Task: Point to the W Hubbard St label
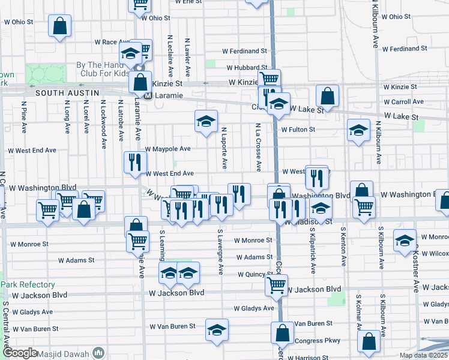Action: click(x=247, y=68)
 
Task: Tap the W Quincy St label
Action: click(x=254, y=274)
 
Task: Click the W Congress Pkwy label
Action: click(x=318, y=340)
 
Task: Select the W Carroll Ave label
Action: click(x=404, y=102)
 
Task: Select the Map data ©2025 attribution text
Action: click(x=423, y=355)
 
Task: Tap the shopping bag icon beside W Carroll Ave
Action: click(x=328, y=95)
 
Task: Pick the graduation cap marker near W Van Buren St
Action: click(x=217, y=329)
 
